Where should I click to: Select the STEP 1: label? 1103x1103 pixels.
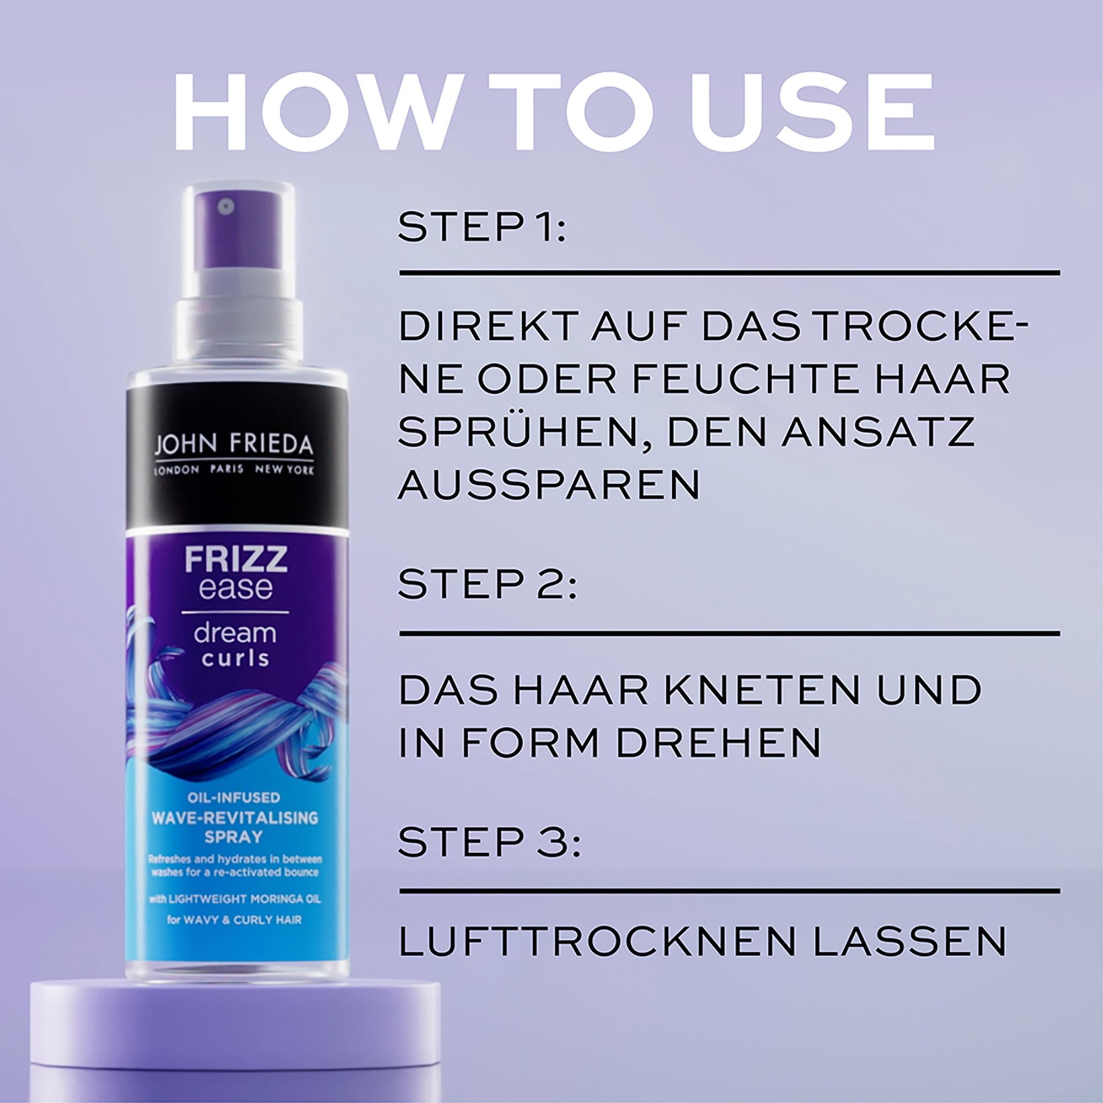[x=481, y=228]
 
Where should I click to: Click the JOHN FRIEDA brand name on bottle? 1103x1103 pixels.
[x=233, y=443]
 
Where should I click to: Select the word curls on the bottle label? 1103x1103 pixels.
[x=234, y=658]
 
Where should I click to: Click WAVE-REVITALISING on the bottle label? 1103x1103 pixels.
[x=234, y=818]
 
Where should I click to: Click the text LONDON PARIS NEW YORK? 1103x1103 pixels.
[x=233, y=469]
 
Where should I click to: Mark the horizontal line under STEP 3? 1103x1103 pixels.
[x=729, y=891]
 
